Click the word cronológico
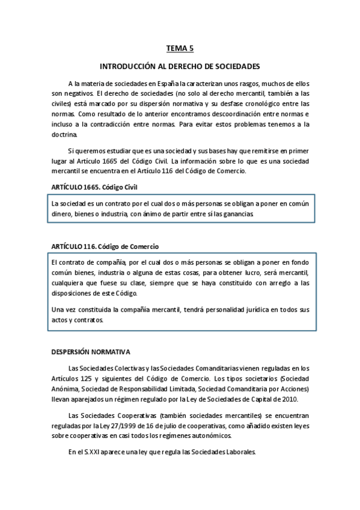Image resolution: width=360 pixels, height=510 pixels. (261, 103)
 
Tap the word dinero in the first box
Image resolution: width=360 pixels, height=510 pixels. (63, 214)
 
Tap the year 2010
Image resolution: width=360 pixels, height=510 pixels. (297, 399)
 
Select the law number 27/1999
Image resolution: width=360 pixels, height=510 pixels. (129, 425)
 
